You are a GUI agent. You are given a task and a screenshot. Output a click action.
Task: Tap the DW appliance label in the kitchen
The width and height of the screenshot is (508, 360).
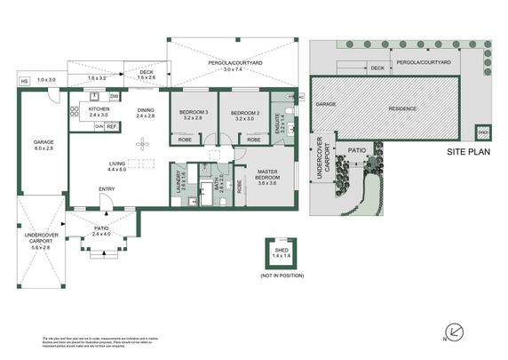(115, 96)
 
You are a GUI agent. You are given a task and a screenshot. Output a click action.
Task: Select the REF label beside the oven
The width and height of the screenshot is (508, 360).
(112, 127)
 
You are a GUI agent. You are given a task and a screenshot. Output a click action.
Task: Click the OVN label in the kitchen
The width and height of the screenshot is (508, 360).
(99, 127)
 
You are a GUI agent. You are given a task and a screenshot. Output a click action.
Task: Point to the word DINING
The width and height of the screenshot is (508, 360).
(146, 107)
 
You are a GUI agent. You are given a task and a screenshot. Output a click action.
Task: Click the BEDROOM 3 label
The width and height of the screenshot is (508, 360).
(193, 111)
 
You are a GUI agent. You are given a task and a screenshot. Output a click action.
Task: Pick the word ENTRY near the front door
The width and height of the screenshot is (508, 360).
(107, 188)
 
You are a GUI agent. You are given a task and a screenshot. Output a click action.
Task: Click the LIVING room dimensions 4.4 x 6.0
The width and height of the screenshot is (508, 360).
(117, 169)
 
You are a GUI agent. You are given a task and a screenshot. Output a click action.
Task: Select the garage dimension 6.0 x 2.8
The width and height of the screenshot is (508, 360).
(44, 148)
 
